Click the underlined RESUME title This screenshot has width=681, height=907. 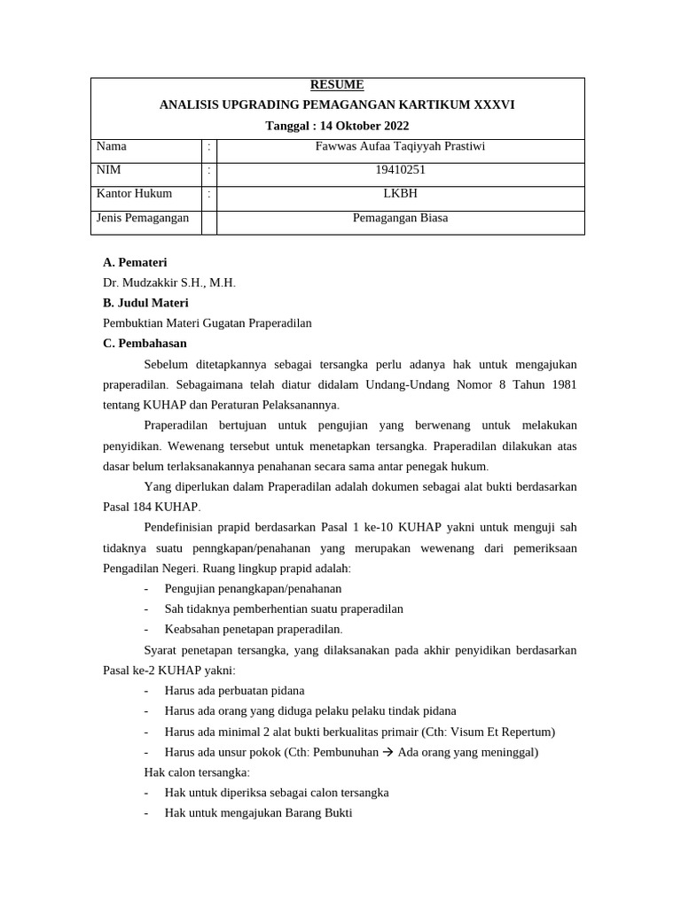pyautogui.click(x=337, y=85)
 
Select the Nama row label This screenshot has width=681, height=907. pyautogui.click(x=112, y=146)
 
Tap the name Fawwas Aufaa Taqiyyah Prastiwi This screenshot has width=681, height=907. pyautogui.click(x=401, y=146)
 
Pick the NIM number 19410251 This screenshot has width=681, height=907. pyautogui.click(x=401, y=170)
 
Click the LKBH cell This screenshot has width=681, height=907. pyautogui.click(x=401, y=193)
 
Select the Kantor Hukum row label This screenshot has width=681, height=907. pyautogui.click(x=135, y=193)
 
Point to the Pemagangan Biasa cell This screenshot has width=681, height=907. pyautogui.click(x=401, y=217)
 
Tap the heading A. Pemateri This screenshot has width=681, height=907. pyautogui.click(x=135, y=262)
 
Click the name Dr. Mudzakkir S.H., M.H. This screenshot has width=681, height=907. pyautogui.click(x=169, y=283)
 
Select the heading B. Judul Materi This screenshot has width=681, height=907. pyautogui.click(x=145, y=303)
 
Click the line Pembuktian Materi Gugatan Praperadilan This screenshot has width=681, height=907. pyautogui.click(x=207, y=323)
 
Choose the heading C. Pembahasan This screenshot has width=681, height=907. pyautogui.click(x=145, y=344)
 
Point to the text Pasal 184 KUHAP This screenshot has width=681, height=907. pyautogui.click(x=152, y=507)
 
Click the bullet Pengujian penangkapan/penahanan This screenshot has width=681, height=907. pyautogui.click(x=253, y=588)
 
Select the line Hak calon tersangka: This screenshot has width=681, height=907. pyautogui.click(x=197, y=772)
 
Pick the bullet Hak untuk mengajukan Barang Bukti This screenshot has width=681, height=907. pyautogui.click(x=258, y=813)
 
